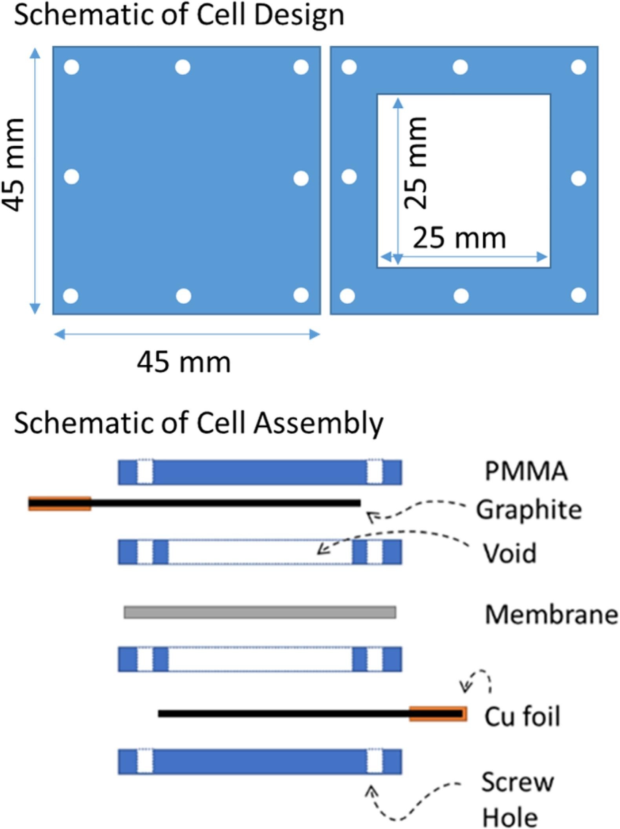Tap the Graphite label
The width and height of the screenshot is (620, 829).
point(529,510)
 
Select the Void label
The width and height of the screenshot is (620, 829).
point(509,553)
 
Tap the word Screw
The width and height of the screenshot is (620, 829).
point(518,782)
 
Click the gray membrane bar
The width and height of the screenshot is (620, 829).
point(260,612)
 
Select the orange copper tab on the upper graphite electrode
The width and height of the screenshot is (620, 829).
point(60,503)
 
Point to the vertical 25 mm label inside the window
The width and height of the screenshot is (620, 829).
point(415,162)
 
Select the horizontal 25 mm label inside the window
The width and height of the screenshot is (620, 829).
point(459,238)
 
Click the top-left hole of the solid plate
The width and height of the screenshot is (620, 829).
point(71,67)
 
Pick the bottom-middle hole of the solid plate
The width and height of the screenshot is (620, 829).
point(183,296)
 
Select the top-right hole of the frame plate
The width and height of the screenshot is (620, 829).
point(578,67)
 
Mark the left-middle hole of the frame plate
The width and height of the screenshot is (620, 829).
point(349,177)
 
